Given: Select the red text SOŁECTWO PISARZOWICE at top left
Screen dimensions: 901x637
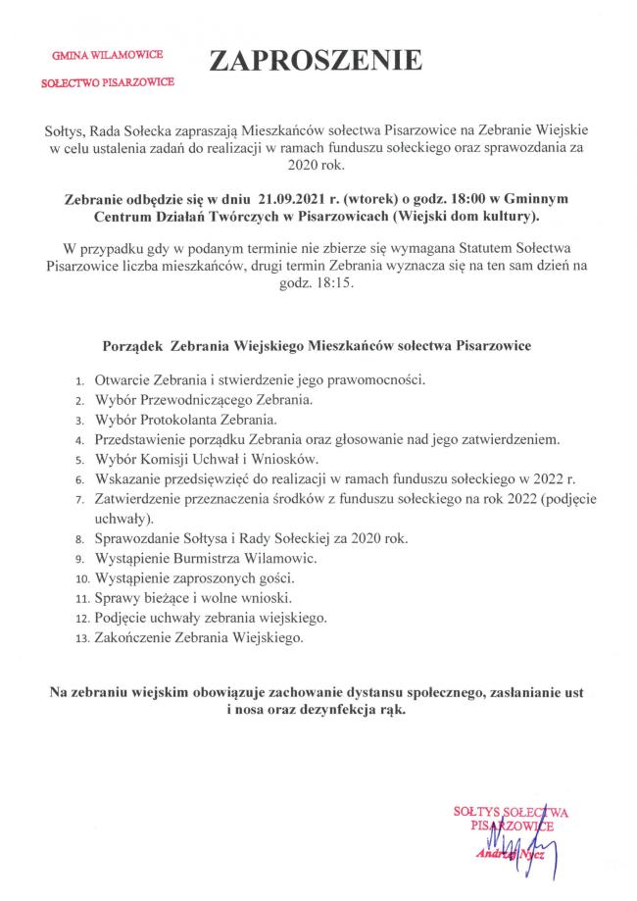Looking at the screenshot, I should (108, 84).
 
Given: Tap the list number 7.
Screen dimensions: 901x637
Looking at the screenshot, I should (79, 500).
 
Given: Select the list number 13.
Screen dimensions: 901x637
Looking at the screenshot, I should (80, 638).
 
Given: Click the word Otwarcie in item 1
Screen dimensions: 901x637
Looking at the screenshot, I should (124, 378).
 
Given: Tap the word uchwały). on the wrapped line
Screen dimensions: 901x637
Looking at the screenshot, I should (120, 518).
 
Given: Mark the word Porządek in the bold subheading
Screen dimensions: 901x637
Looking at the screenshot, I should (131, 346).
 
